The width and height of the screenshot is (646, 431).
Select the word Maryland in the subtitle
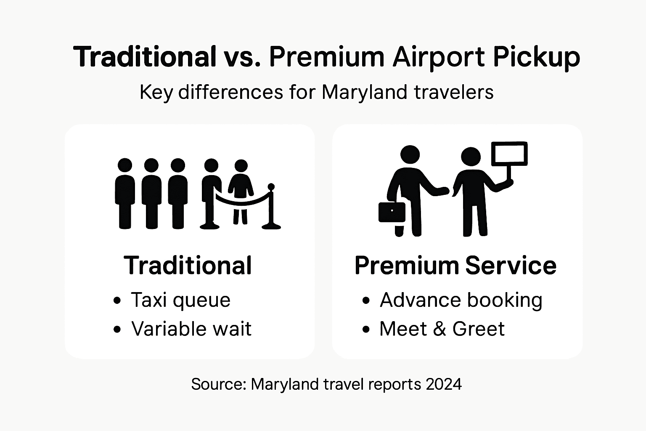[364, 92]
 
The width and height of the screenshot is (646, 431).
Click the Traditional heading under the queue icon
[188, 266]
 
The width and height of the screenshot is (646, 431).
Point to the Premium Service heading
[455, 266]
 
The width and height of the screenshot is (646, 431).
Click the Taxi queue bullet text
[180, 301]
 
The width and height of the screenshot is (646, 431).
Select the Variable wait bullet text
[191, 329]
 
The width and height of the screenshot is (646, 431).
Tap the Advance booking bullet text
[461, 301]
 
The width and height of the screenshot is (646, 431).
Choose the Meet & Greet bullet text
[442, 329]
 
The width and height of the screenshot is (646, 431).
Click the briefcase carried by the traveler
[392, 212]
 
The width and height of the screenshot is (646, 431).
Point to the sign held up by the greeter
[509, 154]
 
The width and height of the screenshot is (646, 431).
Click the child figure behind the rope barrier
[241, 189]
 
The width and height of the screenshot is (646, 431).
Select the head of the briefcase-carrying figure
[410, 155]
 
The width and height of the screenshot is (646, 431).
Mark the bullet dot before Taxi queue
[117, 301]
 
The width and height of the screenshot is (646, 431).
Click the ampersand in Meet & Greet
[439, 329]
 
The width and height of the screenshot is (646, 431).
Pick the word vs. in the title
[241, 57]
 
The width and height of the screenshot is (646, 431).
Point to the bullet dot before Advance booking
[366, 301]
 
